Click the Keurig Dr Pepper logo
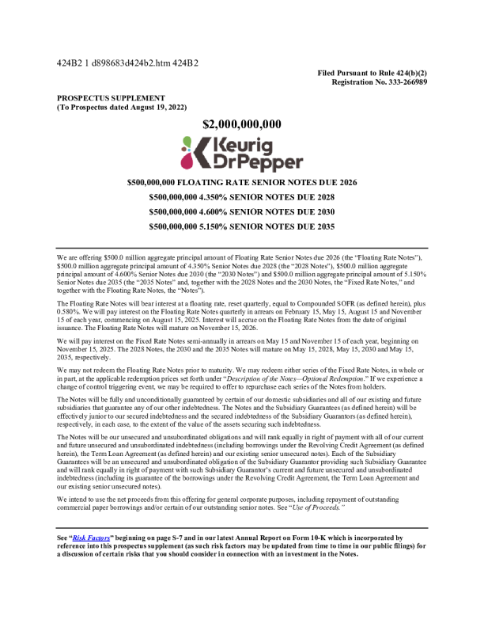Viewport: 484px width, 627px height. click(241, 153)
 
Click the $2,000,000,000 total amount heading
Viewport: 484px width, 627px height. click(242, 124)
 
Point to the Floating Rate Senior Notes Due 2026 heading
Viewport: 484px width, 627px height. click(241, 182)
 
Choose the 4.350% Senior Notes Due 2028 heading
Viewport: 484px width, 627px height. click(241, 197)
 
